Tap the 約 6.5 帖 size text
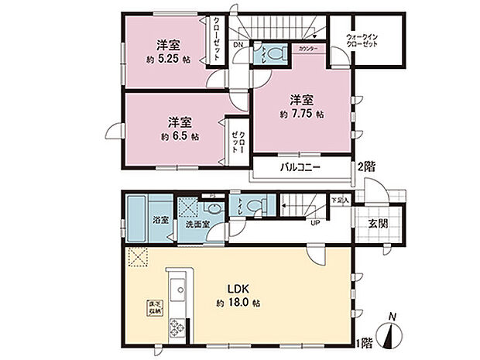pos(179,136)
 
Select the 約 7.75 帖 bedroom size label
pos(301,114)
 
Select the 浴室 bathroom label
pos(162,219)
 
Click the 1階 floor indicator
pos(364,341)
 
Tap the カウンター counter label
pos(307,49)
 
